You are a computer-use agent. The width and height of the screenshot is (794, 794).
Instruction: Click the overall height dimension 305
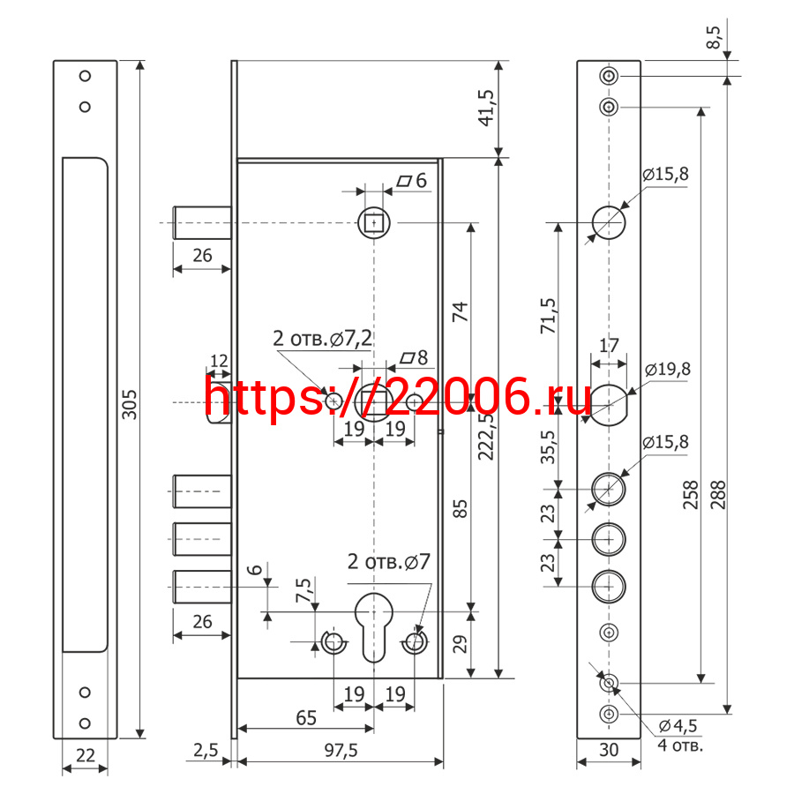tap(130, 404)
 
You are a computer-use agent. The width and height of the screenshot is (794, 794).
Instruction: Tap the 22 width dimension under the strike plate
tap(85, 755)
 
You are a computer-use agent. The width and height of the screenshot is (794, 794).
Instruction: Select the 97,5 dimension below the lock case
tap(341, 751)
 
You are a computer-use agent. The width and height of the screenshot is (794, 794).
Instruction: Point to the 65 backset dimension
tap(306, 718)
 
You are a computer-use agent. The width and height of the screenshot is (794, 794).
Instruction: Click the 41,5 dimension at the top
tap(486, 108)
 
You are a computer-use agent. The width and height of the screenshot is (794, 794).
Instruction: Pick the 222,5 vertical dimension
tap(486, 436)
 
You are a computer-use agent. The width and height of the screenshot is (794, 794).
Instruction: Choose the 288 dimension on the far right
tap(718, 495)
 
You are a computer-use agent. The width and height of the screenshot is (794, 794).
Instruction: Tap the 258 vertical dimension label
tap(691, 495)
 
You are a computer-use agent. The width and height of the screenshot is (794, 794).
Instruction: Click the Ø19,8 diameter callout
tap(668, 369)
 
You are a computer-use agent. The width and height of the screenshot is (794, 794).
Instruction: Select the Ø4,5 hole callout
tap(678, 726)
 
